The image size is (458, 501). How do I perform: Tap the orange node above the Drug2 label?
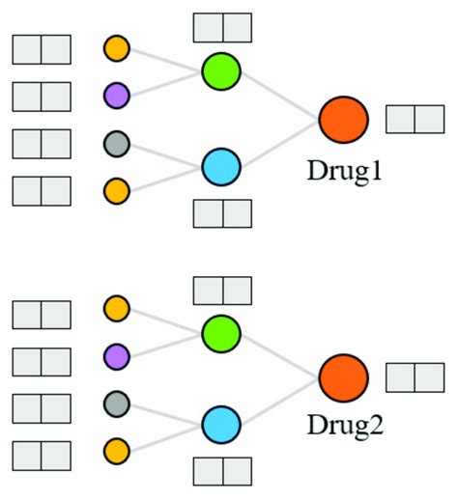(x=344, y=377)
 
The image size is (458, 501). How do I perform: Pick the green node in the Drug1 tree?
(x=220, y=71)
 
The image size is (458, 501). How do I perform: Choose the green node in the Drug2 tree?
(x=220, y=332)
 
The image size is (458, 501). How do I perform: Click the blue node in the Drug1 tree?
(x=220, y=166)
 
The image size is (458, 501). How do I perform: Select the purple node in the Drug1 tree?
(x=116, y=95)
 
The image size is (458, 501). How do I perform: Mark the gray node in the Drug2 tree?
(x=116, y=402)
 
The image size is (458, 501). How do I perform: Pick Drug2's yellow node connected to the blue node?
(x=116, y=449)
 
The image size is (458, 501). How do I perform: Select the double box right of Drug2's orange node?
(x=415, y=378)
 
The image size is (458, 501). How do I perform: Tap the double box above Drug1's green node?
(x=222, y=27)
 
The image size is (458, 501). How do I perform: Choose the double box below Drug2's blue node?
(x=222, y=470)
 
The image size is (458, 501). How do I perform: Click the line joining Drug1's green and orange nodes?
(x=280, y=94)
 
